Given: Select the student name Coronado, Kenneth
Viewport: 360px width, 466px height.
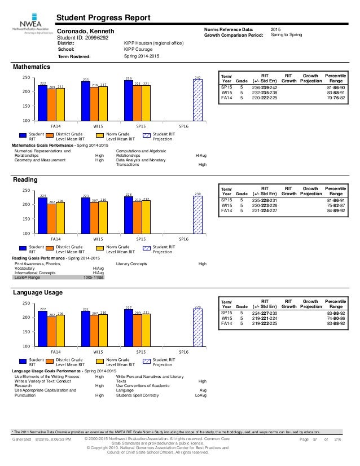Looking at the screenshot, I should point(86,31).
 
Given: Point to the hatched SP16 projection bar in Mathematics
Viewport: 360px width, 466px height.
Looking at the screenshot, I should point(197,99).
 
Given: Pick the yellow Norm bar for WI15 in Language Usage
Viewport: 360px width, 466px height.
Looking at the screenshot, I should point(103,331).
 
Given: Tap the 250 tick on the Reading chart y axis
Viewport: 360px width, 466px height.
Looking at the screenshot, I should point(25,191).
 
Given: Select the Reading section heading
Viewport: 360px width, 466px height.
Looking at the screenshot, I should point(25,180).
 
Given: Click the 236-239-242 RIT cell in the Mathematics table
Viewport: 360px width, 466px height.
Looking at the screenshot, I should point(264,88).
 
